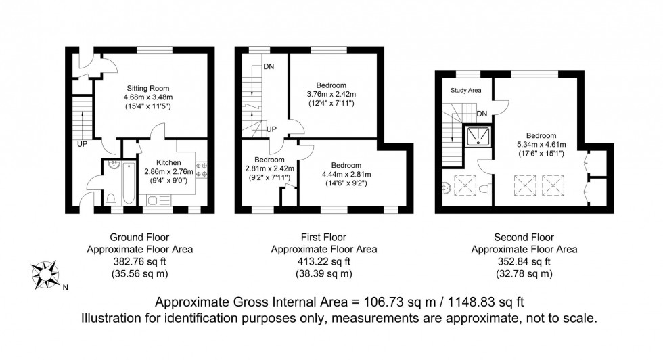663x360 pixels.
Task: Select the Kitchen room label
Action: (168, 163)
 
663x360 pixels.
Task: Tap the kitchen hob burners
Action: (201, 170)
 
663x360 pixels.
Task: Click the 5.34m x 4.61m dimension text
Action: (541, 145)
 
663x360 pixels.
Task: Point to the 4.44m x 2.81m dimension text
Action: (346, 175)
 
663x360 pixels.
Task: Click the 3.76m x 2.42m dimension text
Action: (331, 94)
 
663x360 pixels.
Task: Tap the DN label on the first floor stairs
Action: (269, 67)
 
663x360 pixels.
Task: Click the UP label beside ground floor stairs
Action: (81, 143)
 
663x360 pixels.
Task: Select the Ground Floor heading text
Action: (140, 238)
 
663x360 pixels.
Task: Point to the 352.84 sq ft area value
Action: (524, 261)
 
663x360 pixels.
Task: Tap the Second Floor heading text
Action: (524, 238)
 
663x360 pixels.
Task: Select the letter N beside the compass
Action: (65, 287)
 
